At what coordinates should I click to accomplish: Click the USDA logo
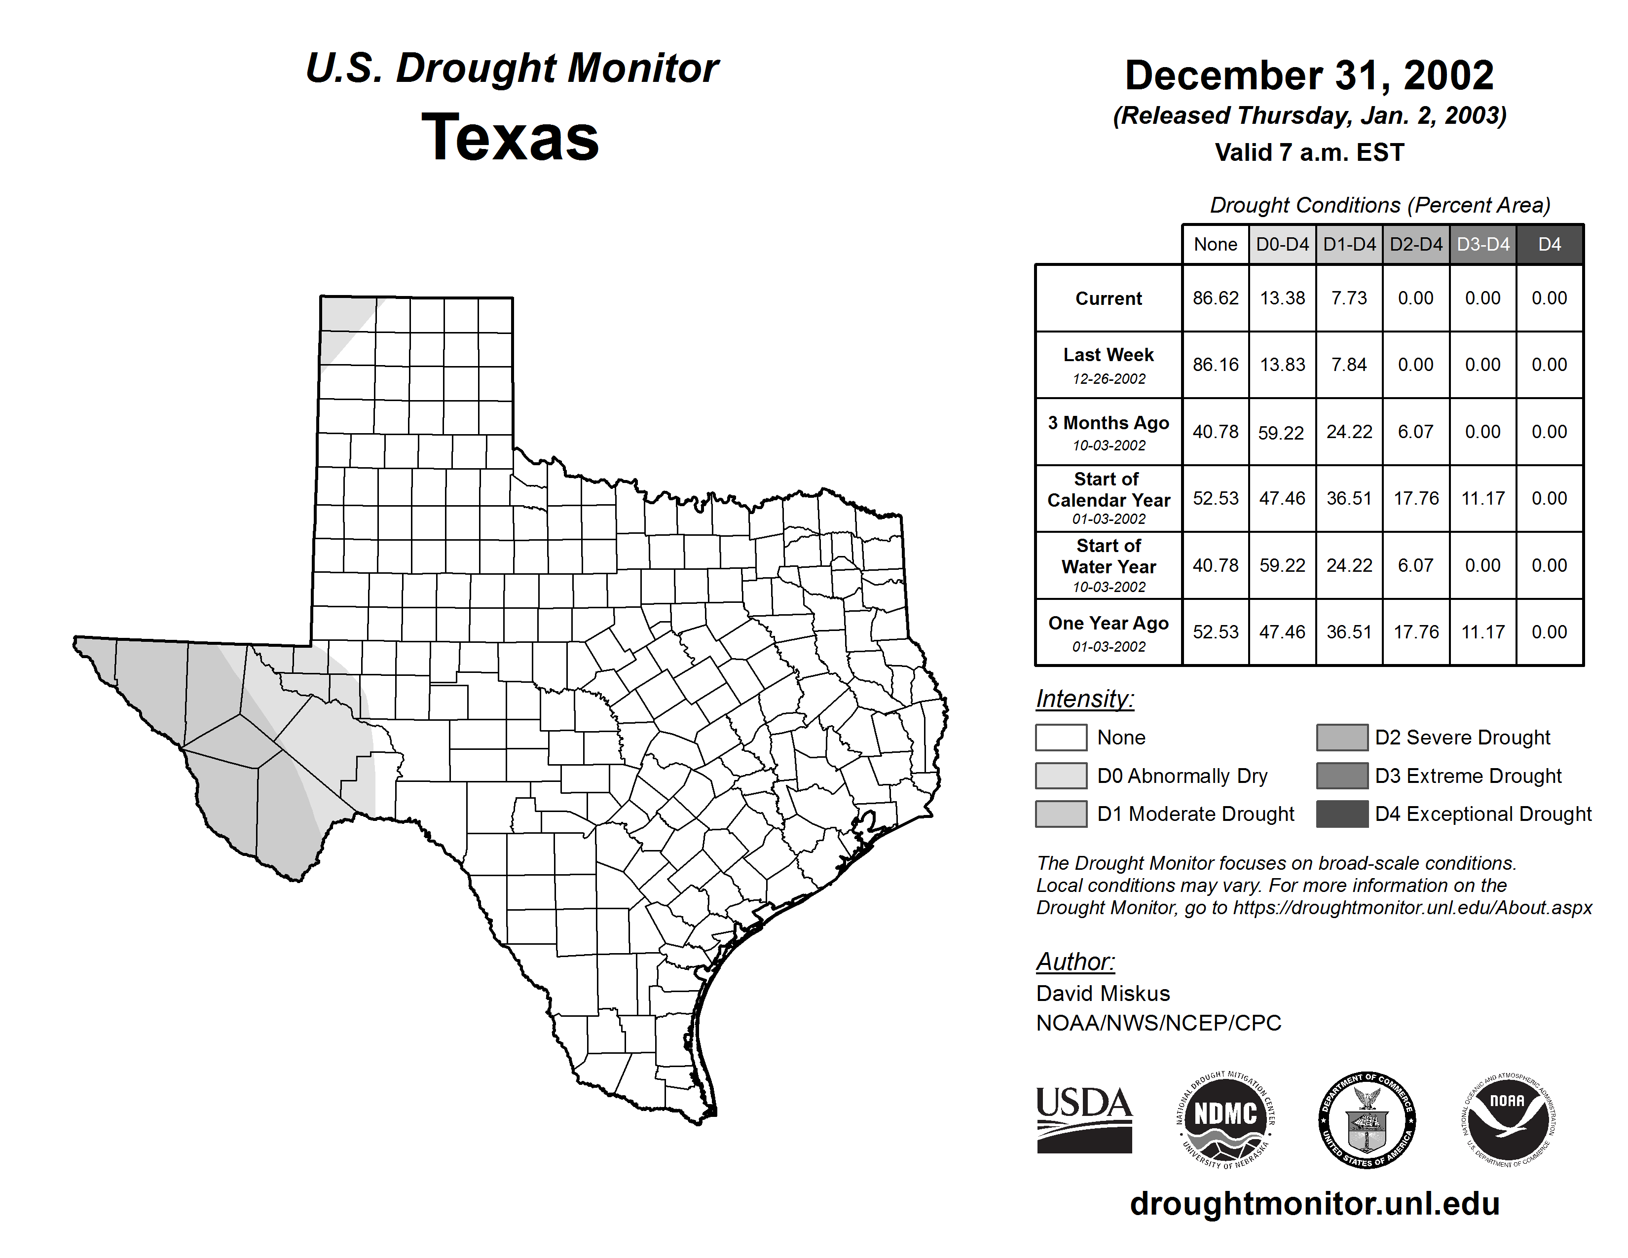click(1084, 1119)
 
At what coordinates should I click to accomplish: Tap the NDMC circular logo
click(1225, 1119)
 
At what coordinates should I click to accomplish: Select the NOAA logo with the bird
click(1507, 1119)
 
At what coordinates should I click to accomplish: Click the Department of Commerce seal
click(1367, 1119)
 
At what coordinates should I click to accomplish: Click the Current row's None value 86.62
click(1215, 298)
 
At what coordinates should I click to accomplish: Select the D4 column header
click(1549, 244)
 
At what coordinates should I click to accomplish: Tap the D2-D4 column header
click(1415, 244)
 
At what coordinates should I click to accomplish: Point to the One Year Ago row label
click(1109, 632)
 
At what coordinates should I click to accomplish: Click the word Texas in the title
click(510, 137)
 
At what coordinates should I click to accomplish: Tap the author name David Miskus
click(1103, 994)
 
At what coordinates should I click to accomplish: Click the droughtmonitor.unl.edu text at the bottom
click(1315, 1204)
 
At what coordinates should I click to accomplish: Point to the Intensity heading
click(1084, 699)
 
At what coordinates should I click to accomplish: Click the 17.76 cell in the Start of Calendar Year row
click(1415, 498)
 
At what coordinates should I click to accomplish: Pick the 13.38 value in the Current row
click(1282, 298)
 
